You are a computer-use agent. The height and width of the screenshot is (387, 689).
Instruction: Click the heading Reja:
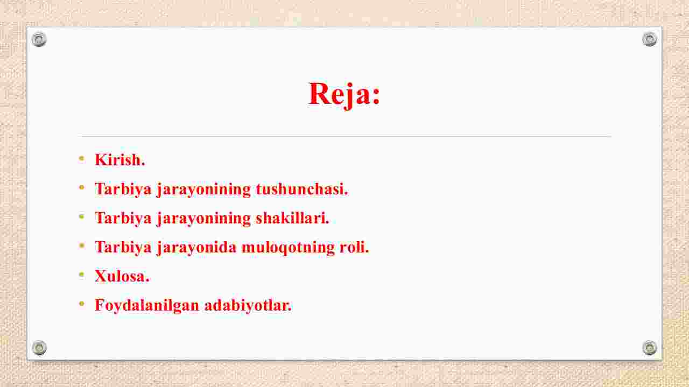pos(344,94)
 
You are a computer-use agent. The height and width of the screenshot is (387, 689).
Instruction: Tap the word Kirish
pos(119,160)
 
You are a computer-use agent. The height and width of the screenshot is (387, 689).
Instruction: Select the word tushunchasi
pos(302,188)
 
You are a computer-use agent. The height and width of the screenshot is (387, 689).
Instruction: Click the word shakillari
pos(292,218)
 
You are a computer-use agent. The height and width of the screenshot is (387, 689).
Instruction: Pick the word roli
pos(354,247)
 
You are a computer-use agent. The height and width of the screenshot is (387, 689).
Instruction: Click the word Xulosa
pos(122,276)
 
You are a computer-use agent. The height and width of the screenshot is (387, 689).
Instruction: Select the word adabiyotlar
pos(248,306)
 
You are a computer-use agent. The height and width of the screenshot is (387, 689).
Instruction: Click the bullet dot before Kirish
pos(81,158)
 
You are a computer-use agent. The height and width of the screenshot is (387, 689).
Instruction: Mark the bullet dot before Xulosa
pos(81,275)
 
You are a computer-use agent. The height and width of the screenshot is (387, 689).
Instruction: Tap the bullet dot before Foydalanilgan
pos(81,304)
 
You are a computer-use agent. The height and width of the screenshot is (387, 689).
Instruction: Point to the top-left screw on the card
pos(39,39)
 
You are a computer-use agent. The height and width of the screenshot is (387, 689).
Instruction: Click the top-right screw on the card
pos(650,39)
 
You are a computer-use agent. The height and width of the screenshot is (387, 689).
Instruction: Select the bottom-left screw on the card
pos(39,348)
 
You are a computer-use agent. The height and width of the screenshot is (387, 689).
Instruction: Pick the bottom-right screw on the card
pos(650,348)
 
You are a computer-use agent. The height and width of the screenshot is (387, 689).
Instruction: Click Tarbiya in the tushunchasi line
pos(123,189)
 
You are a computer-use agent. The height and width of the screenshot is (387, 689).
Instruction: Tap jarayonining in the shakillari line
pos(203,219)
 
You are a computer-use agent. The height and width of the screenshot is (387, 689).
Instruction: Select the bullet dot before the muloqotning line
pos(81,245)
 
